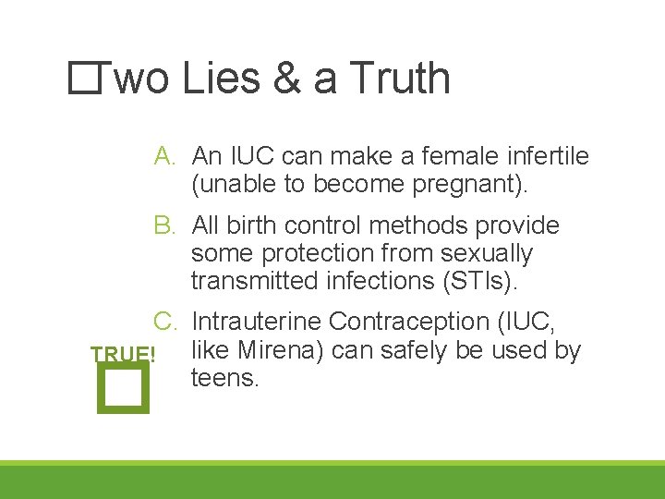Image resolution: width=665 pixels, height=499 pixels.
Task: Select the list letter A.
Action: pyautogui.click(x=165, y=156)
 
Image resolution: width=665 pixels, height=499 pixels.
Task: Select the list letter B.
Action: pyautogui.click(x=165, y=225)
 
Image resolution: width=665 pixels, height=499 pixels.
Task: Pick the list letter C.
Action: pyautogui.click(x=165, y=322)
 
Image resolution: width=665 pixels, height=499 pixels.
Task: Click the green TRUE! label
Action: pyautogui.click(x=123, y=354)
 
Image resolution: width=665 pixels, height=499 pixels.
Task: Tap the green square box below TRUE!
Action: pyautogui.click(x=121, y=387)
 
